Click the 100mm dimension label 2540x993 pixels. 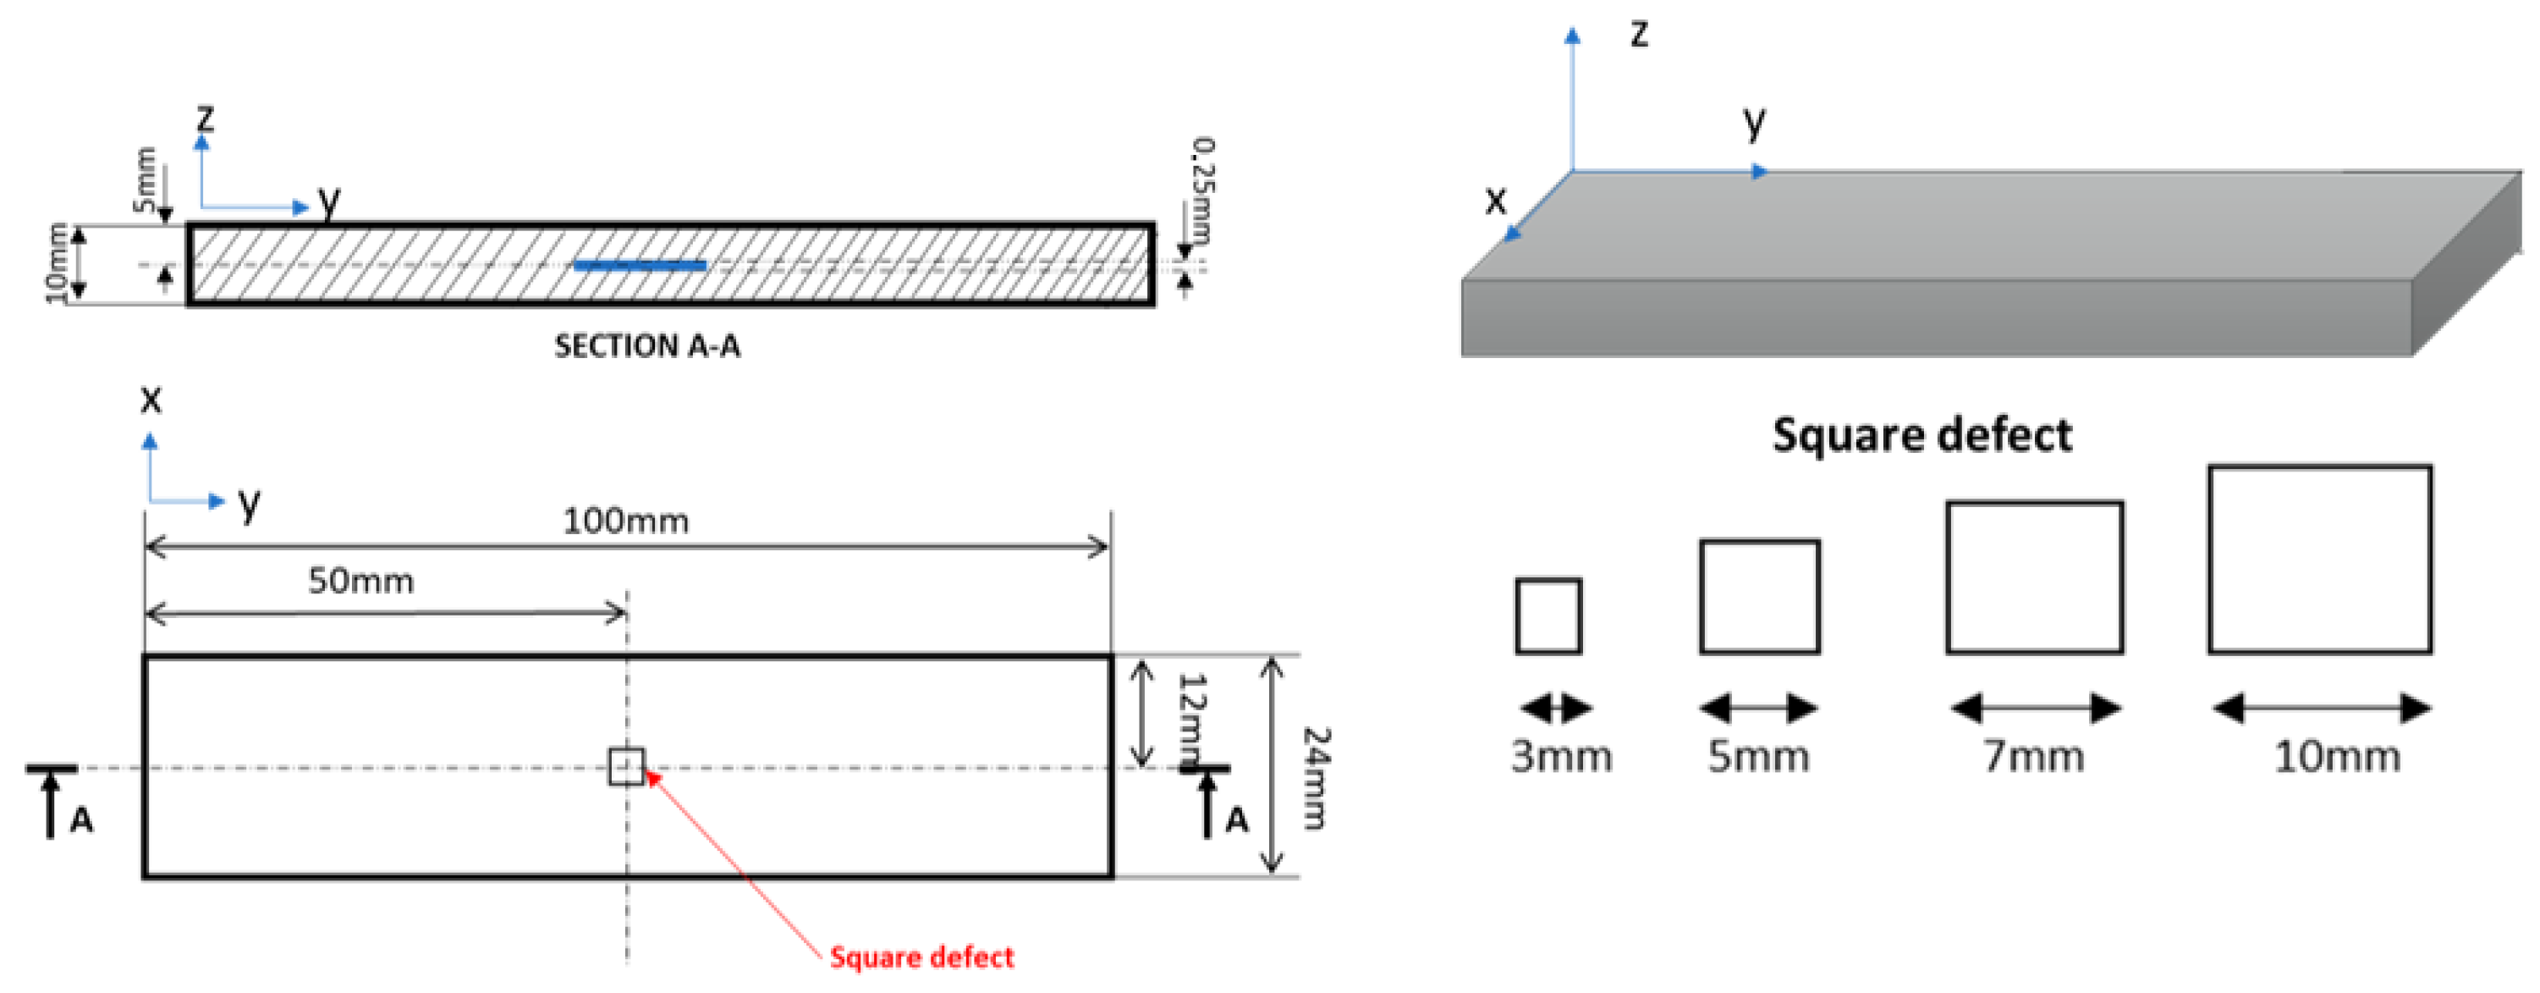[625, 521]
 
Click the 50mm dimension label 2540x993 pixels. [361, 581]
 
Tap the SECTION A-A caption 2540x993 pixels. [646, 346]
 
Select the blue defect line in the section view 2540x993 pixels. [640, 264]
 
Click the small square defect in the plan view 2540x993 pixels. [626, 766]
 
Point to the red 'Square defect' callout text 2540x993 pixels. [921, 957]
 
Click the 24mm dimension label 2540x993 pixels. [1317, 778]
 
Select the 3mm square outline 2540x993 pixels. [1548, 616]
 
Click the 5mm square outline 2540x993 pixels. [1759, 597]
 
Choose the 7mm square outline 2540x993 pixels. [2034, 578]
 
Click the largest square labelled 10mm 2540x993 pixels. [2319, 560]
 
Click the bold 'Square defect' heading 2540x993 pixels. [1921, 435]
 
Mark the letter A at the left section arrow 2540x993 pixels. [81, 819]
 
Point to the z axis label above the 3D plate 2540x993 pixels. [1639, 34]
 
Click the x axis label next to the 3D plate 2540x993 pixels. [1496, 201]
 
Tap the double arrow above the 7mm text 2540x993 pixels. [2035, 707]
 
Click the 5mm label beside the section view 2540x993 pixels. [145, 179]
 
